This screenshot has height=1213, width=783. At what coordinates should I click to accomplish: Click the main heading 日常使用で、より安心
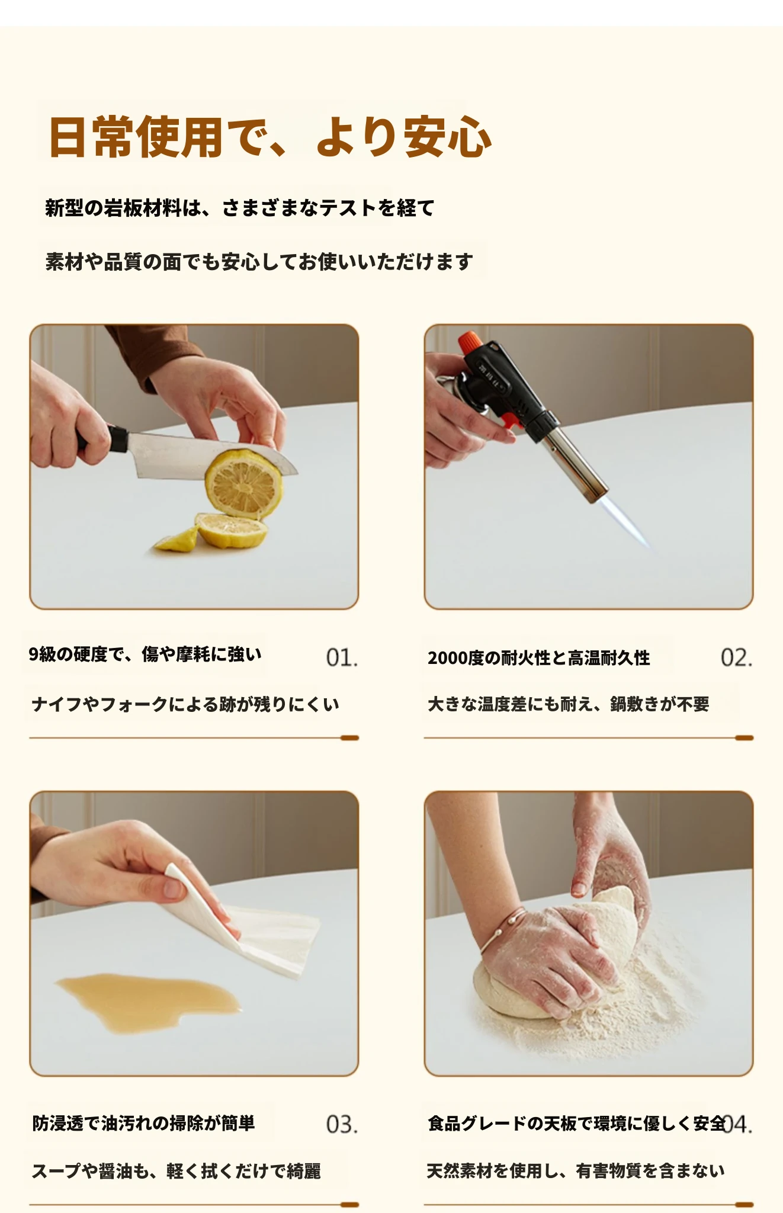click(271, 137)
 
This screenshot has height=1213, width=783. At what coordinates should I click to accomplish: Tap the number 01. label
click(342, 657)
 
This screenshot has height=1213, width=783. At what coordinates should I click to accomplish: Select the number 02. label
click(736, 657)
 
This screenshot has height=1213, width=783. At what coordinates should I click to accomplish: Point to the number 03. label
click(342, 1124)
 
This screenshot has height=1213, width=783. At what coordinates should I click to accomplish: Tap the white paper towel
click(246, 925)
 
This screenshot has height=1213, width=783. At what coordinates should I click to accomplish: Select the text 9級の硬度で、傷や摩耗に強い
click(145, 654)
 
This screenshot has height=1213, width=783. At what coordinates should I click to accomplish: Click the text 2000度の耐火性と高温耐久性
click(539, 658)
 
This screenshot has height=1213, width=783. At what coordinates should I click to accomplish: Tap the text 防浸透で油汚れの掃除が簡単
click(143, 1124)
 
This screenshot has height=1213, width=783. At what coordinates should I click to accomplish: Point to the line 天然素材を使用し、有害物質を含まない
click(576, 1171)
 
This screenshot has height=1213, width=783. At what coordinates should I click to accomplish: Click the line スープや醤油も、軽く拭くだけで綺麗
click(176, 1171)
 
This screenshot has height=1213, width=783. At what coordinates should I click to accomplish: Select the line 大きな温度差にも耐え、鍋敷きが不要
click(569, 704)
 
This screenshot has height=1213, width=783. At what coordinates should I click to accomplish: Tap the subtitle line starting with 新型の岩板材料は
click(240, 208)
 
